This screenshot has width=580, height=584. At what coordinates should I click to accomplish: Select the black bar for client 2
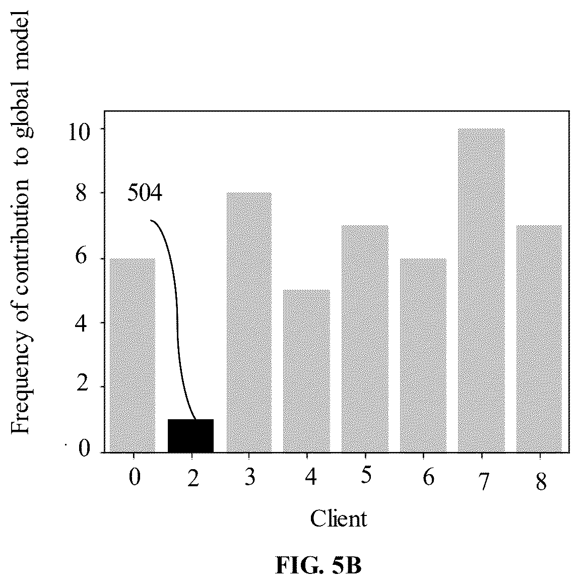click(190, 436)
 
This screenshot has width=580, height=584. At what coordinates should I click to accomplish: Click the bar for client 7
click(481, 291)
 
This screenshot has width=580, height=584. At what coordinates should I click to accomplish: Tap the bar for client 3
click(249, 322)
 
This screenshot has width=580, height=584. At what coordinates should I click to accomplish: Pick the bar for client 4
click(306, 371)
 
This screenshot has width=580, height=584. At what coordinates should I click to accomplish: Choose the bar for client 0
click(133, 355)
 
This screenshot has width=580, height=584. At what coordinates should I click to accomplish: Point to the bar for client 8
click(539, 339)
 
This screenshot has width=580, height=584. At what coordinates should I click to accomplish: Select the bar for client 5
click(365, 339)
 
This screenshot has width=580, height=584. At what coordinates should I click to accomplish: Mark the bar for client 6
click(423, 355)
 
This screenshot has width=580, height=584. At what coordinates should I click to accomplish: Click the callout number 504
click(145, 193)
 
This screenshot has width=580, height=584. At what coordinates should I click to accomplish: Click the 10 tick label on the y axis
click(79, 133)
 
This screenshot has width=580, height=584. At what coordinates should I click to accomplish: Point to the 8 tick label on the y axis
click(83, 193)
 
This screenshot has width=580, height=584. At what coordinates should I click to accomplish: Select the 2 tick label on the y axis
click(83, 385)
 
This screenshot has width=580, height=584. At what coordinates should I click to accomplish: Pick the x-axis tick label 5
click(366, 475)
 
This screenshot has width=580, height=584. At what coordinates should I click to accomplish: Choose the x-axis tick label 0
click(135, 477)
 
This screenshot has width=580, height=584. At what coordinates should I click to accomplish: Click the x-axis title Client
click(339, 518)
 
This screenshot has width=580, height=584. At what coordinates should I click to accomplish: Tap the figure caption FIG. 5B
click(318, 565)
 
